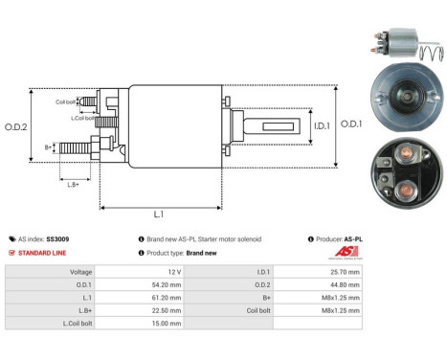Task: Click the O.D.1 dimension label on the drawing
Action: pos(352,123)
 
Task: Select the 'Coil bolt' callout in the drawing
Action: pos(65,101)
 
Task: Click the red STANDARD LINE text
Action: pos(45,254)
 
